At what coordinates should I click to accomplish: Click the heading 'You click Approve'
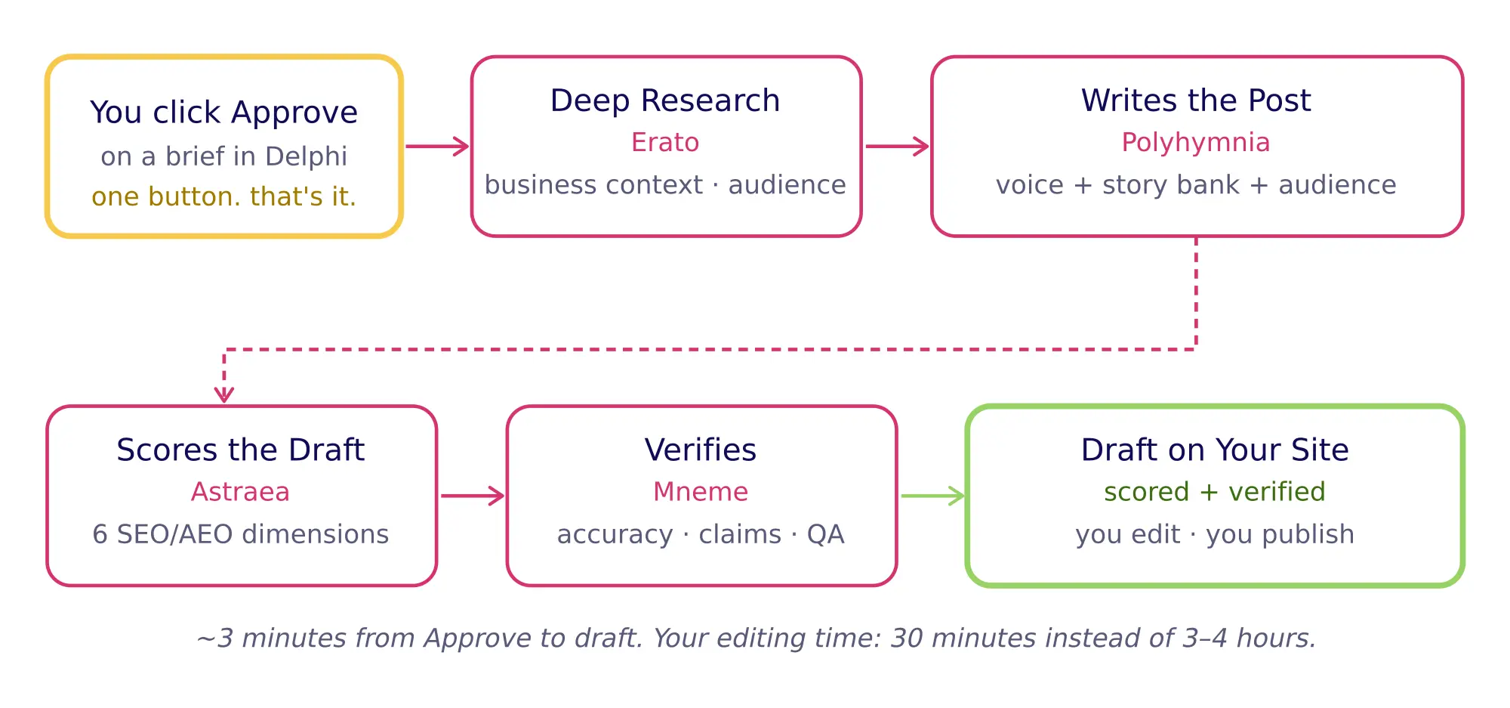223,113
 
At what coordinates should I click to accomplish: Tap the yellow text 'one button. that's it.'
223,196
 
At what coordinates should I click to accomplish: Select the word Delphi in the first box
306,156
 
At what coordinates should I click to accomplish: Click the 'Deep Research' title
665,100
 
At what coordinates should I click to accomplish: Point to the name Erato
665,142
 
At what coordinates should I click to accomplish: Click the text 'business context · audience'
665,185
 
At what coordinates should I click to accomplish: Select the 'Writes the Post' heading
1196,100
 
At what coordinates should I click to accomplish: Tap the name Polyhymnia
1196,142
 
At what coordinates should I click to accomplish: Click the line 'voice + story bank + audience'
1196,185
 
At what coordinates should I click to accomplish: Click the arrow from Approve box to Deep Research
438,147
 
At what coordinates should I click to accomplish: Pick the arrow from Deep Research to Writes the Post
897,147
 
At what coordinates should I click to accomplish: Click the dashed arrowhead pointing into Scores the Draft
224,394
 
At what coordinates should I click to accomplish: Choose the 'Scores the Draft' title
241,450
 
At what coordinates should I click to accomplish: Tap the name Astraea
241,492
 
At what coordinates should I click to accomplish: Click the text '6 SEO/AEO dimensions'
241,534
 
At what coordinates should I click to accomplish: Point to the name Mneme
701,492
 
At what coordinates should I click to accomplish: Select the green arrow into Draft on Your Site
933,496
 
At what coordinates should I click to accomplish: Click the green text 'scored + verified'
1214,492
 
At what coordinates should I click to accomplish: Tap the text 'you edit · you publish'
1214,534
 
